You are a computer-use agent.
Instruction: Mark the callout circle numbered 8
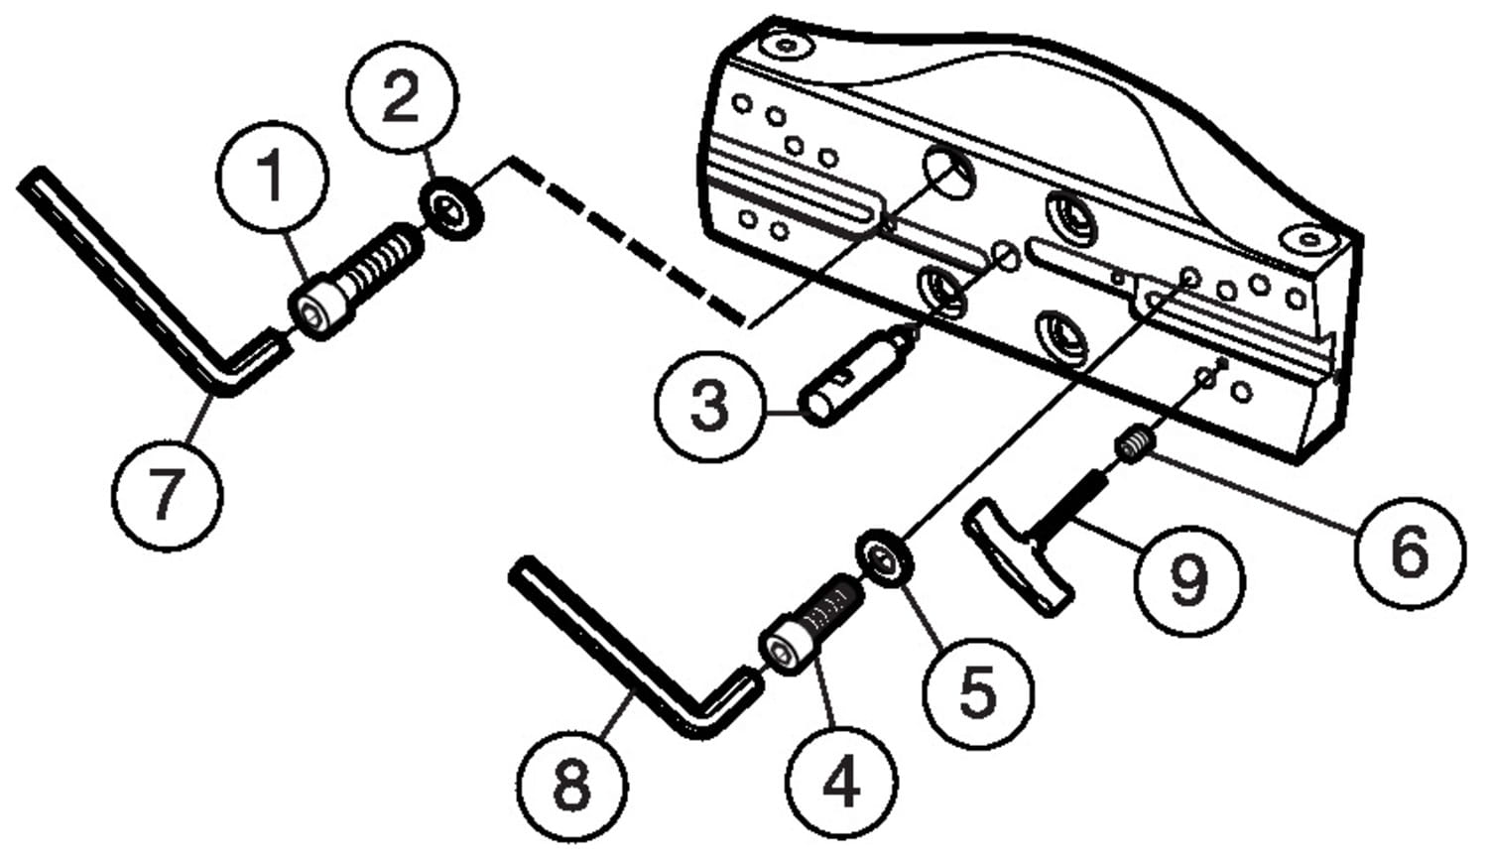click(570, 784)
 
